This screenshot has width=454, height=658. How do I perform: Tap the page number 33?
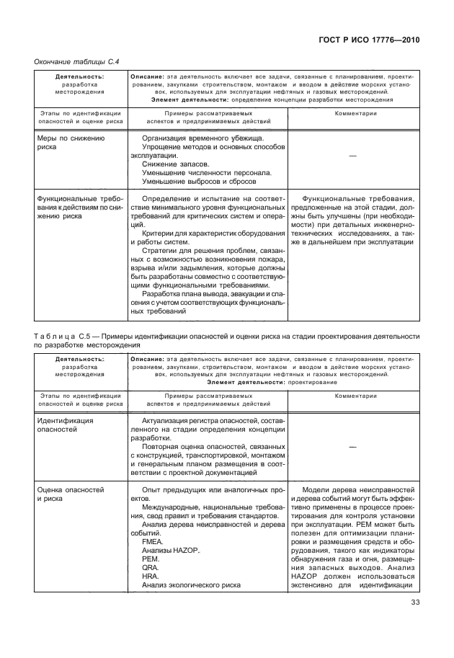click(415, 603)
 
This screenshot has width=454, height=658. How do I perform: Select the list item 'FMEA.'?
click(153, 541)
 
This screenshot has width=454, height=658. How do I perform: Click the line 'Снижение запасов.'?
click(174, 164)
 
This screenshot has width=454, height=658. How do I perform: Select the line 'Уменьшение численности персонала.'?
click(206, 172)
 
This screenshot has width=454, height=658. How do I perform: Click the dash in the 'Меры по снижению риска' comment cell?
click(354, 155)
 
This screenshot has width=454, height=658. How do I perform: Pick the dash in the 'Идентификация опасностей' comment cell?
click(354, 446)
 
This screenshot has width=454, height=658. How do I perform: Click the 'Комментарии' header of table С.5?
click(353, 396)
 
